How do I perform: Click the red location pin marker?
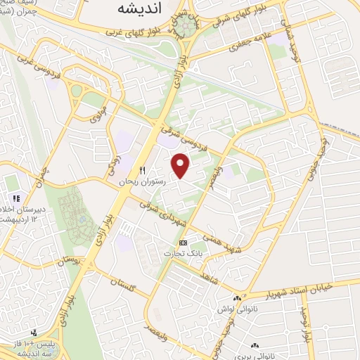click(181, 167)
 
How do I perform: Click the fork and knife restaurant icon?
click(142, 170)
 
